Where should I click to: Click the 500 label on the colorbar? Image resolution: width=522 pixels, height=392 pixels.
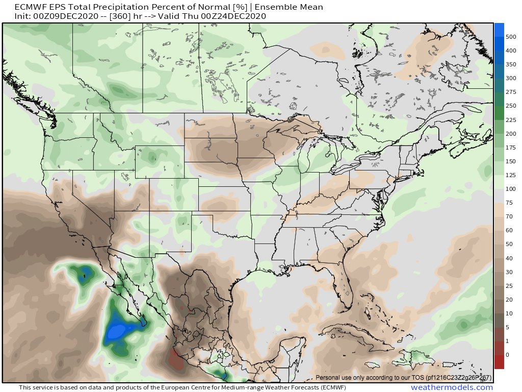coord(511,37)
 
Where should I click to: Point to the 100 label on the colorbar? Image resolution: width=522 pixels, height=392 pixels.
coord(511,189)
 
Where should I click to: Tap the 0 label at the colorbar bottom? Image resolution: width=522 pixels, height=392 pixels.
coord(507,354)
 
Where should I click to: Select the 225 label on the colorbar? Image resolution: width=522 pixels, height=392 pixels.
coord(511,120)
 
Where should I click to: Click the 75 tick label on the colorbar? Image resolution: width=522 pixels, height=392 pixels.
coord(509,203)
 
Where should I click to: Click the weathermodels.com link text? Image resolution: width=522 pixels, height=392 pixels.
coord(452,387)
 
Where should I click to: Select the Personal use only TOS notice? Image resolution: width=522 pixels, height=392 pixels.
coord(403,378)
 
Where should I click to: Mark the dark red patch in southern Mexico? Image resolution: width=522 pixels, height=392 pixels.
coord(176,360)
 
